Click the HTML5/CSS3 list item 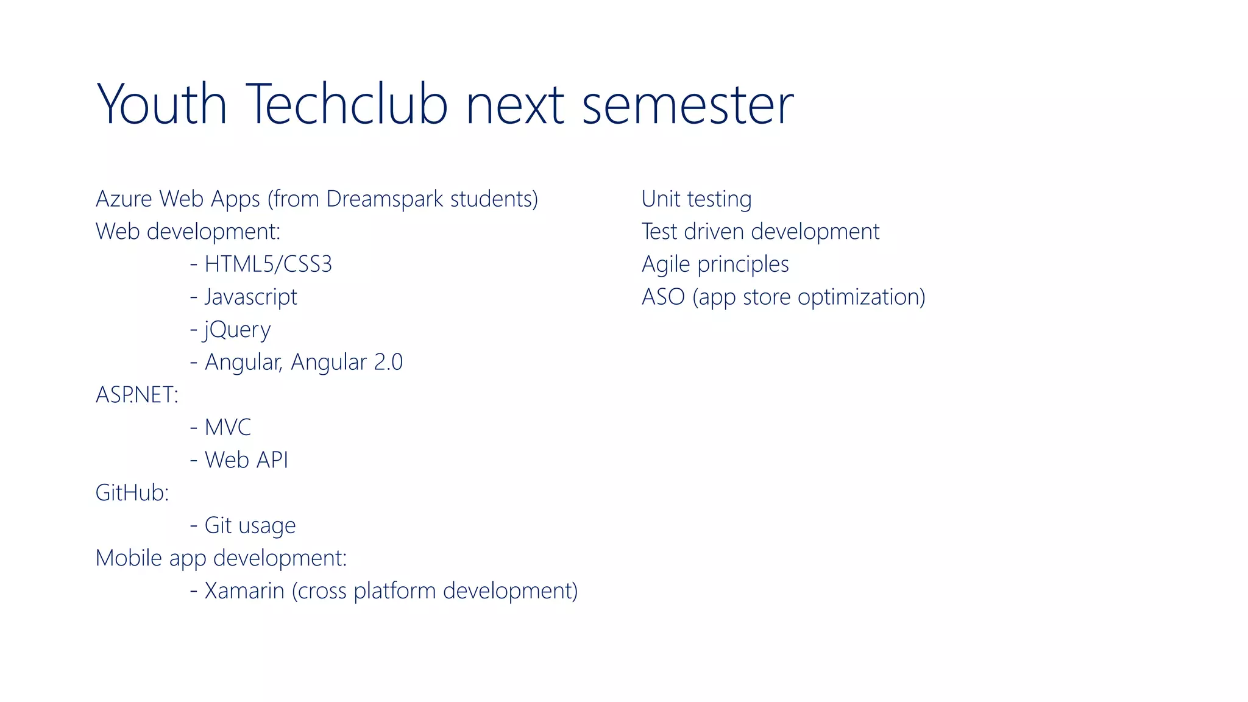click(x=268, y=264)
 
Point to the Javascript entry click(x=250, y=297)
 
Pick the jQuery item click(x=237, y=330)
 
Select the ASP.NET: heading click(x=137, y=395)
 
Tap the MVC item click(x=227, y=428)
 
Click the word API click(x=272, y=461)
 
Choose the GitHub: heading click(x=132, y=493)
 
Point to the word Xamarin click(x=244, y=591)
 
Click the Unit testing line click(x=696, y=199)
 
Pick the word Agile click(x=665, y=265)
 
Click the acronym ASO click(x=663, y=297)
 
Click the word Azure click(x=124, y=199)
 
